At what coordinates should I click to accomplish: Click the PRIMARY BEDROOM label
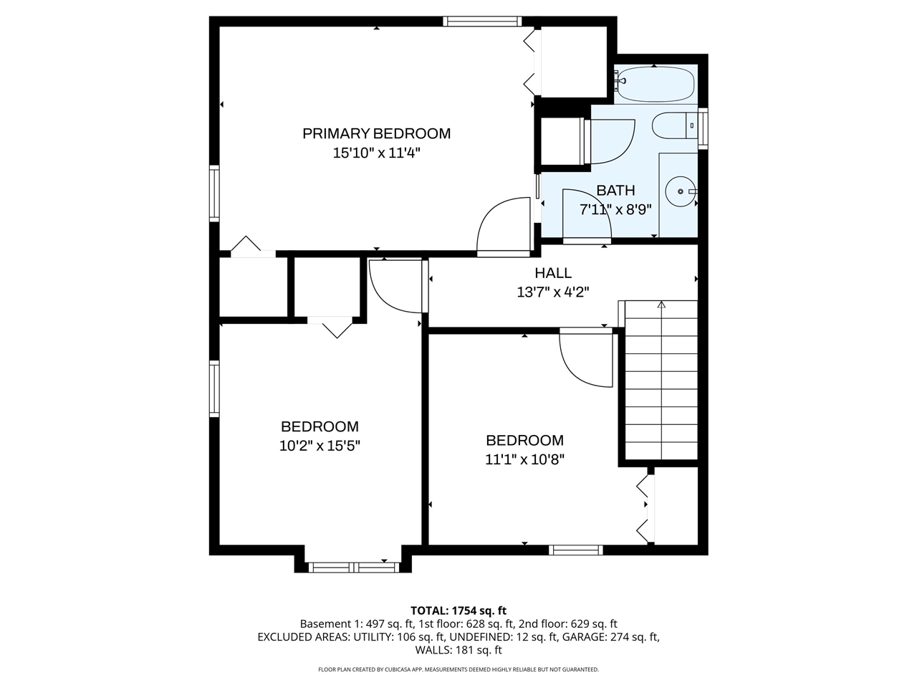(376, 133)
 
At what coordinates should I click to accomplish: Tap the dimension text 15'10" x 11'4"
(376, 153)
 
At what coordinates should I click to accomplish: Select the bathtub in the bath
(655, 84)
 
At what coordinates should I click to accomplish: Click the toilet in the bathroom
(674, 125)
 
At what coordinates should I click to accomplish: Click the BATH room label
(615, 191)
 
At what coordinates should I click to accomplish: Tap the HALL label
(553, 273)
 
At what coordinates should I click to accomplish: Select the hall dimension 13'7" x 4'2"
(553, 292)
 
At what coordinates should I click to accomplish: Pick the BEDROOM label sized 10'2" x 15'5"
(320, 426)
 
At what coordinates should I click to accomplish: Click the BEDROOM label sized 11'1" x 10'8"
(524, 441)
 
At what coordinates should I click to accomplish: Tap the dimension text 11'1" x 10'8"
(524, 460)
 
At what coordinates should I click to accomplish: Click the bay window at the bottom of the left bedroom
(354, 568)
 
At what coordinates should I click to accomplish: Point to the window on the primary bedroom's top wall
(482, 21)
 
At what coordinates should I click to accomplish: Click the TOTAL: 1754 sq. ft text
(458, 611)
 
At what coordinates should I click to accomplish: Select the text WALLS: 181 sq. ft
(458, 651)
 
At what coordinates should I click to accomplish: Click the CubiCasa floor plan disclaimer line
(458, 669)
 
